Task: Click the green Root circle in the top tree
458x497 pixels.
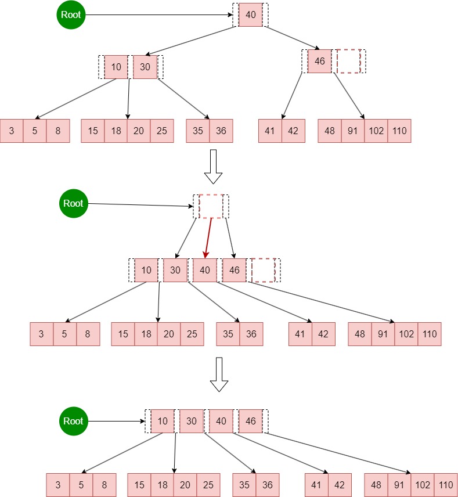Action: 71,15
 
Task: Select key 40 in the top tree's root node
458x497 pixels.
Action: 251,15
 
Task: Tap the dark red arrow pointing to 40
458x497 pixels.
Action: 208,238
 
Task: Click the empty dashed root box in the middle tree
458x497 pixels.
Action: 211,206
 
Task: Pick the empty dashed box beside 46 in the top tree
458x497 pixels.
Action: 348,61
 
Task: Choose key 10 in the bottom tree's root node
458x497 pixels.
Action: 163,421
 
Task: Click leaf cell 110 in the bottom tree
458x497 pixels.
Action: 445,485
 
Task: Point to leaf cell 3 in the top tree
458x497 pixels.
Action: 12,131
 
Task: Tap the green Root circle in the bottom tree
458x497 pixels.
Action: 74,421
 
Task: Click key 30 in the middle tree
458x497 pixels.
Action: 175,270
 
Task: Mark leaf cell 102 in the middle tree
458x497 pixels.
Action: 406,334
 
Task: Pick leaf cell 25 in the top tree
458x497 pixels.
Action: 162,131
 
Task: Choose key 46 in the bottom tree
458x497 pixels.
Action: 250,421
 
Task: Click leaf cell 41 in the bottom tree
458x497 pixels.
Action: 316,485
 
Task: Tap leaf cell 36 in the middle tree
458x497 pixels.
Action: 251,334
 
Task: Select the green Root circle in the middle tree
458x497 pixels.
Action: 74,203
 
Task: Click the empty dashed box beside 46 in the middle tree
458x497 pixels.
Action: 263,270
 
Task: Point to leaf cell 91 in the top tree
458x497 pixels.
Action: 353,131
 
